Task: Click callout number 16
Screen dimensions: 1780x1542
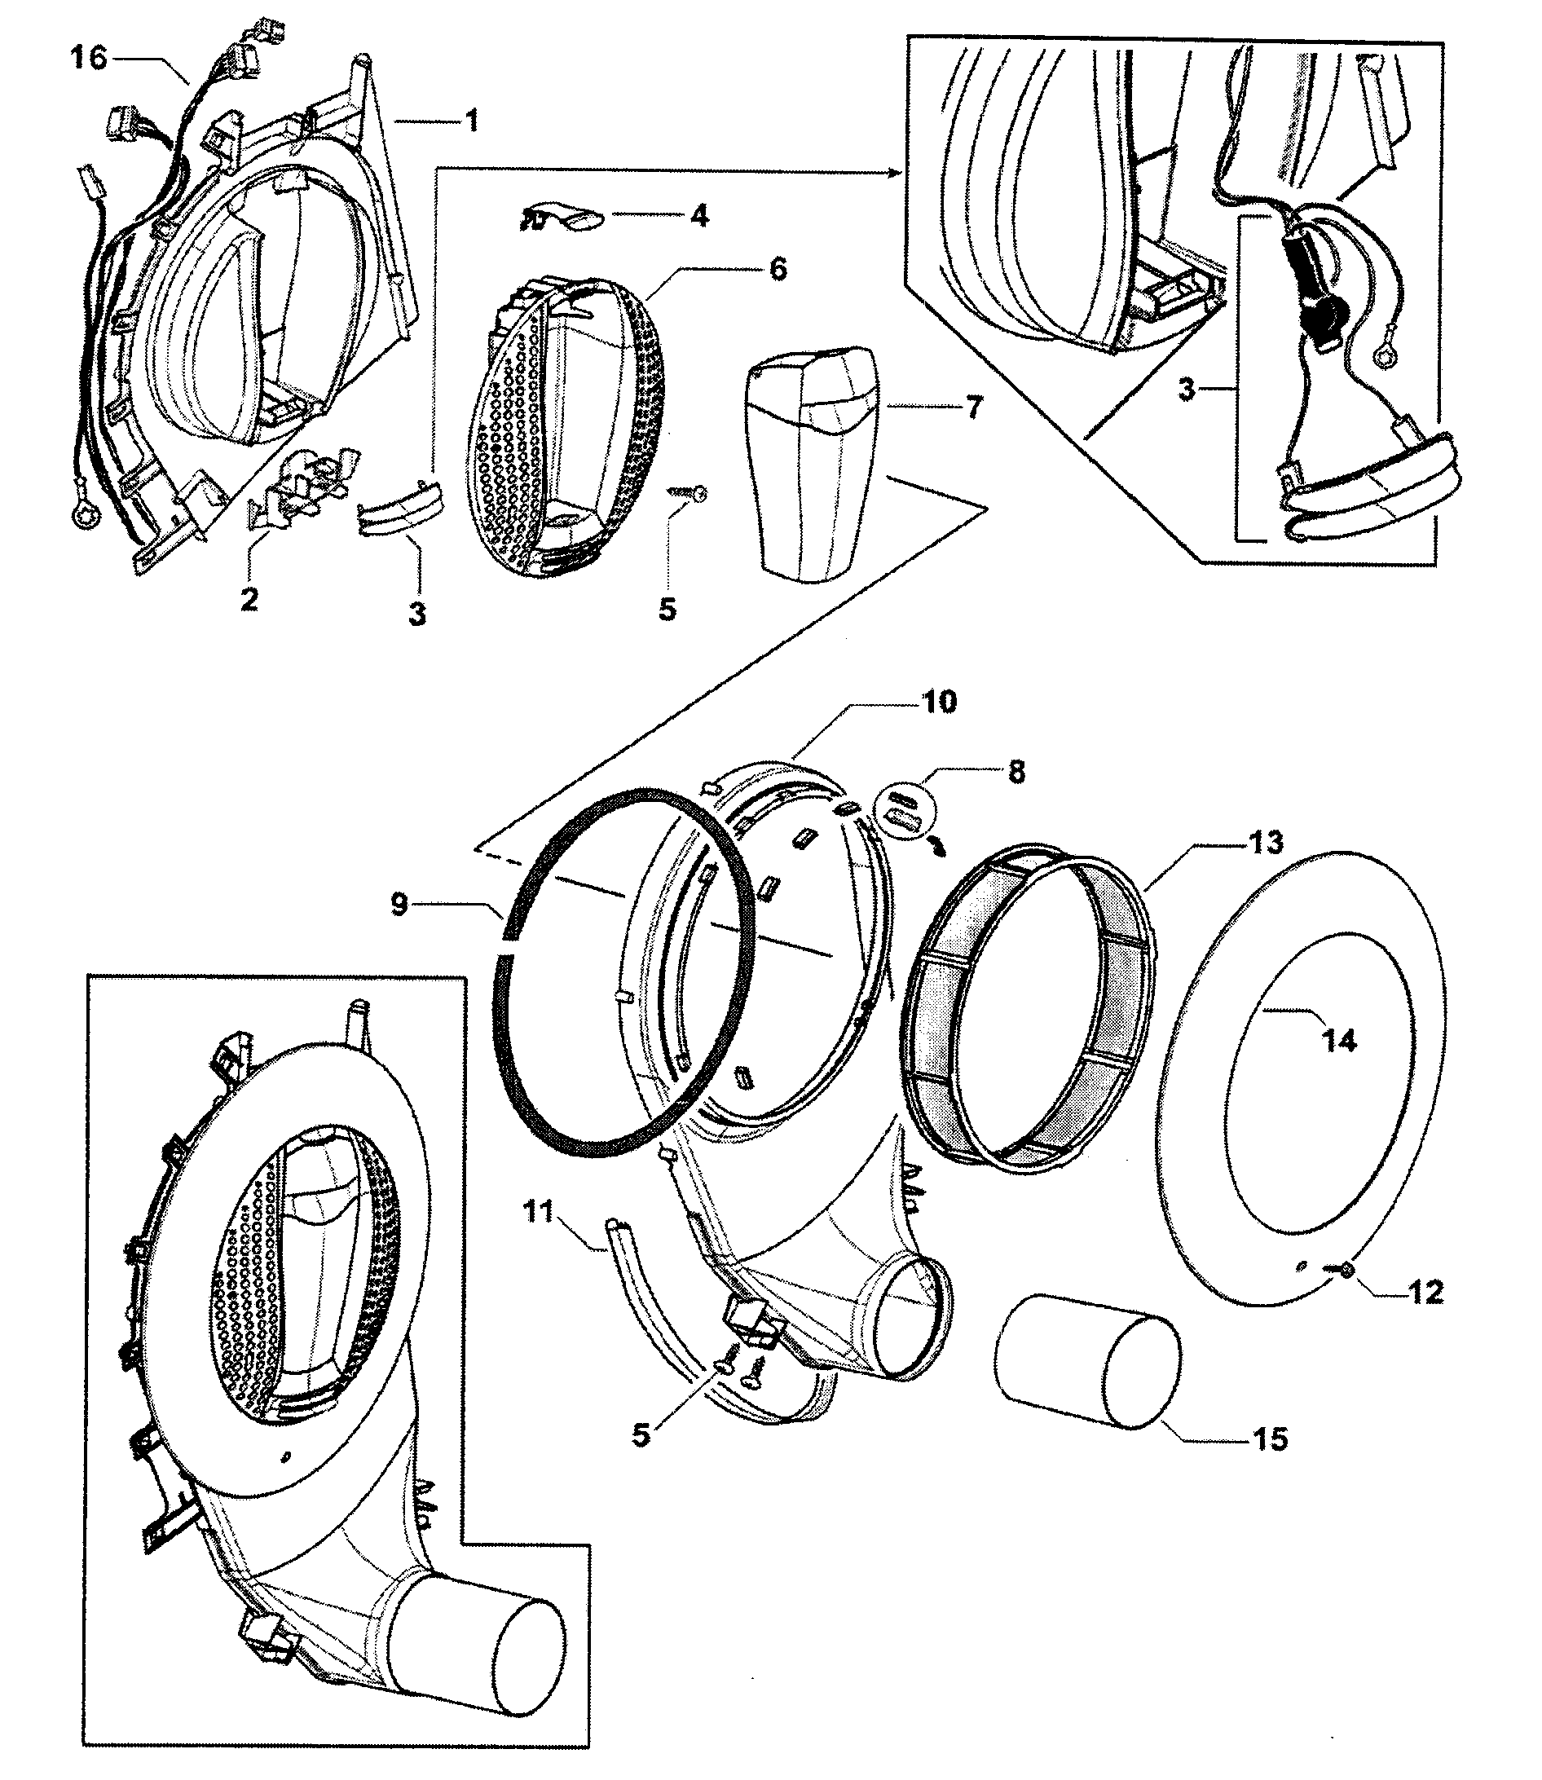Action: [88, 59]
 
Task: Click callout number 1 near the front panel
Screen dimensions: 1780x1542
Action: [471, 121]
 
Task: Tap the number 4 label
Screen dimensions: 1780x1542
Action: [700, 215]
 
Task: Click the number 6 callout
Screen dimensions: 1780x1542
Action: [777, 268]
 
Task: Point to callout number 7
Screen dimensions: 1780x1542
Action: [973, 407]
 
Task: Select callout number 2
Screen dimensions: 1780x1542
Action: [249, 599]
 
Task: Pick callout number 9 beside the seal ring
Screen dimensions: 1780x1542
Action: [399, 905]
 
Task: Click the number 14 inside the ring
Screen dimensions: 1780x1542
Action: [1339, 1041]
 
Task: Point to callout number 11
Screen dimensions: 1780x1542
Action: [539, 1216]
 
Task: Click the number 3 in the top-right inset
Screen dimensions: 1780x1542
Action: [1187, 390]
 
